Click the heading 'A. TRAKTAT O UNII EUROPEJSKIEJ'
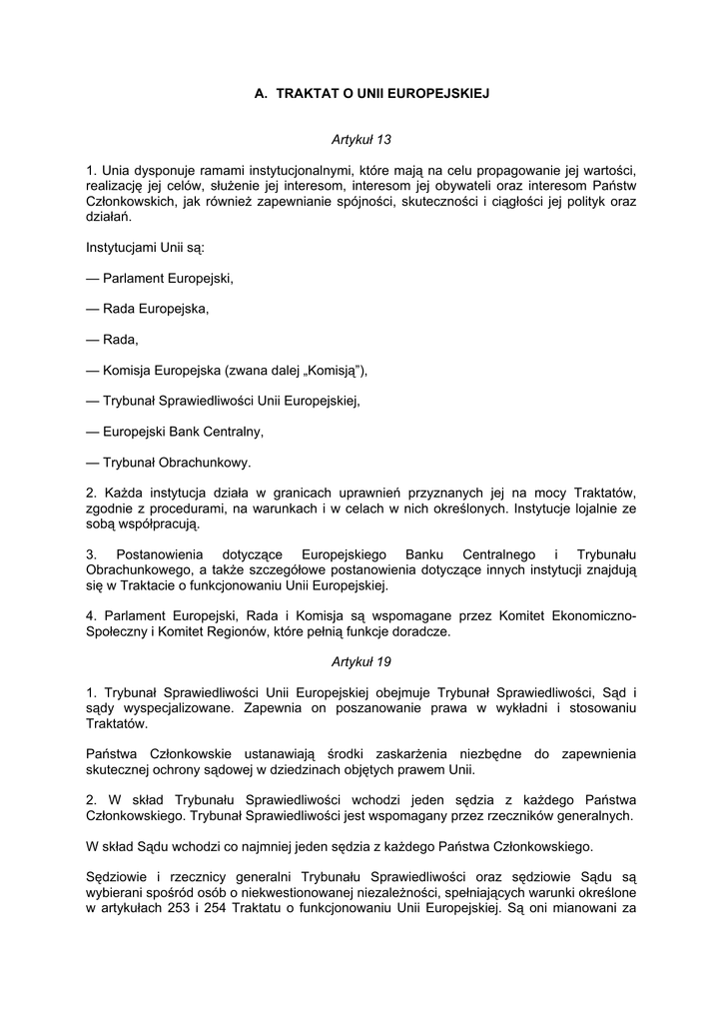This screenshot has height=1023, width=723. [x=361, y=94]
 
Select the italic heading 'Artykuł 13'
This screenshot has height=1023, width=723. [x=361, y=140]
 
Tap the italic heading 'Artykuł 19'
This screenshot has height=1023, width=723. [x=361, y=662]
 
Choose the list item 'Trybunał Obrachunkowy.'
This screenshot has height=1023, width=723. [x=169, y=463]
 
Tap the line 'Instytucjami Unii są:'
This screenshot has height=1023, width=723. [x=145, y=247]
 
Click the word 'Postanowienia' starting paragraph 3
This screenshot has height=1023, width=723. [x=160, y=554]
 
